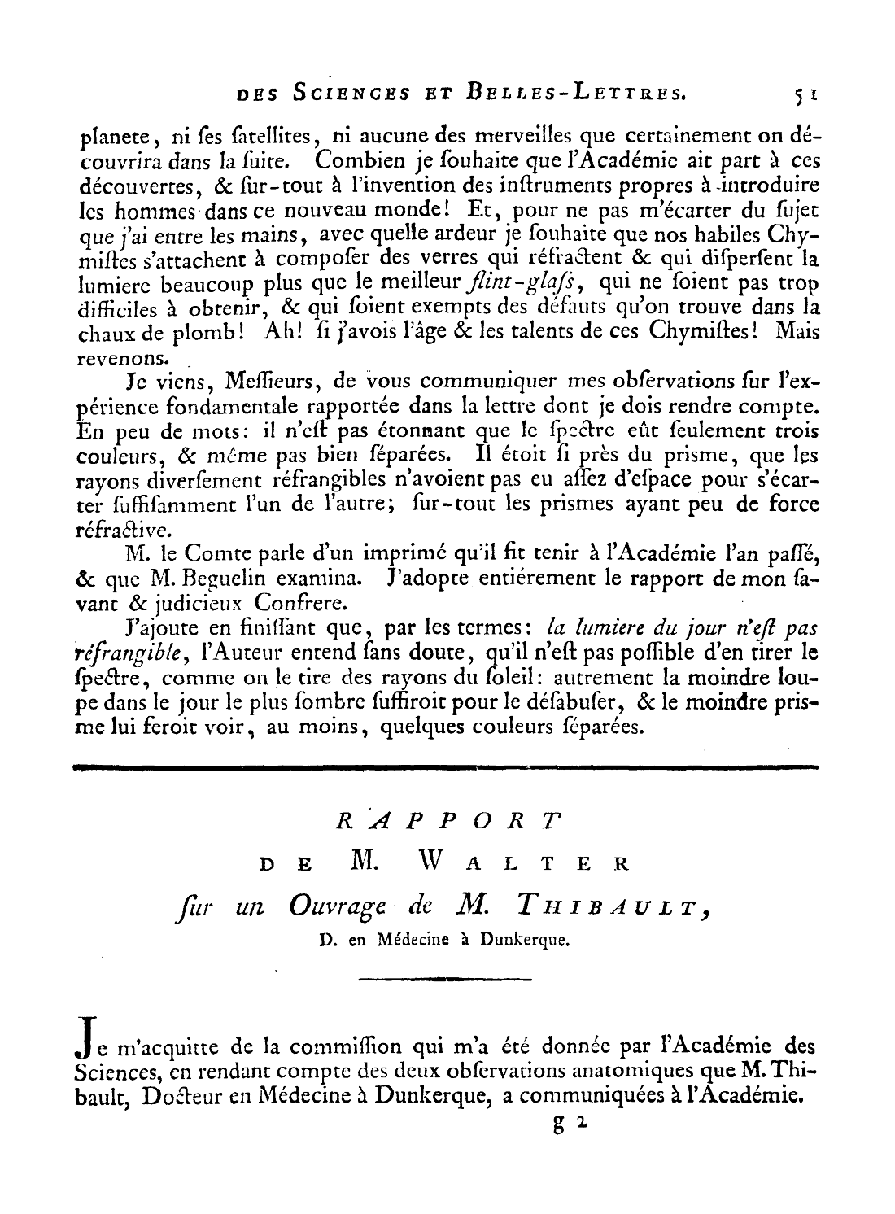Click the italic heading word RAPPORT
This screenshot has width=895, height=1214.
pos(449,820)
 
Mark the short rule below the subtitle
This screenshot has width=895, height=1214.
pos(445,979)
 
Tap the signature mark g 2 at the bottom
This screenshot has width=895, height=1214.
pos(566,1125)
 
